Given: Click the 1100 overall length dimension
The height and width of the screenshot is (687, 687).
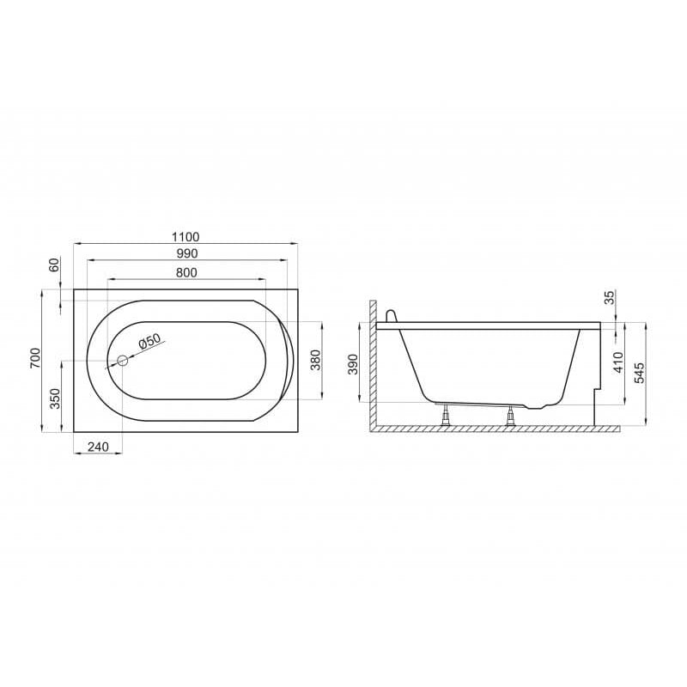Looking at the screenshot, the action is coord(185,237).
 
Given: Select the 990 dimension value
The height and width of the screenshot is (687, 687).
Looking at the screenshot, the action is coord(187,253).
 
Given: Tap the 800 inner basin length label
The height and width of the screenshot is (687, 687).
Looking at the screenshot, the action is coord(186,272).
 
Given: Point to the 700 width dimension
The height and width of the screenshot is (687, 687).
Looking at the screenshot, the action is coord(35,358).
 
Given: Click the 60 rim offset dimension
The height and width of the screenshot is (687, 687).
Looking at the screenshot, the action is coord(54,264).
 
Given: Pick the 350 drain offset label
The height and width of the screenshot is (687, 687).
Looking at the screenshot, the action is coord(55,398).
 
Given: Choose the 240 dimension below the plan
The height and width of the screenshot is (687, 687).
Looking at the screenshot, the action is coord(98,447).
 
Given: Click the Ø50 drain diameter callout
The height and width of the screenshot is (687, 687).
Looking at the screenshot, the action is coord(149,341).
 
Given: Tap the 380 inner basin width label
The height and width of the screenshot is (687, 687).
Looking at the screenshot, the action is coord(316,360).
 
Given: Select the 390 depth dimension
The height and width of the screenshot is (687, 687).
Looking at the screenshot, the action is coord(353,364).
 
